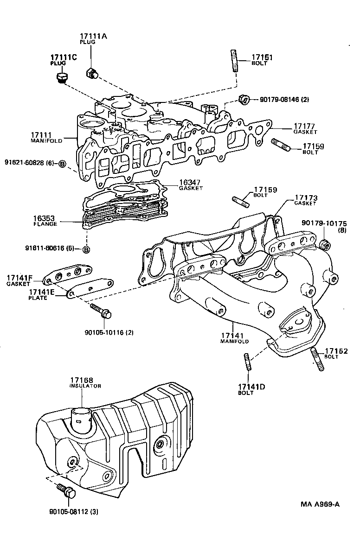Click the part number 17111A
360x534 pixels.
[93, 36]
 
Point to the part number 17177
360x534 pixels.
[304, 126]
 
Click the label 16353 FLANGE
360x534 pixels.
[45, 220]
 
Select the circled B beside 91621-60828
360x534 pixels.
[62, 163]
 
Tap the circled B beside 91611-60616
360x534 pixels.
[86, 250]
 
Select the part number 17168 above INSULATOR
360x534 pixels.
[82, 380]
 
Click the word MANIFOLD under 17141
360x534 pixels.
[234, 341]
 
